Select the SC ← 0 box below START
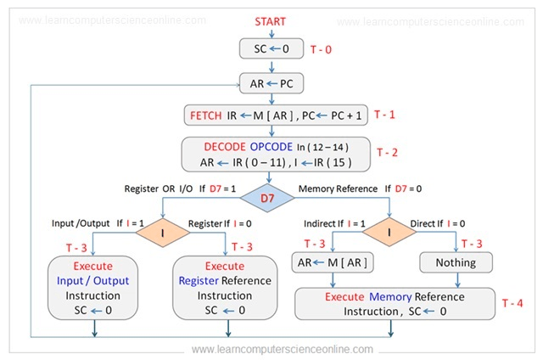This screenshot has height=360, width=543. point(271,49)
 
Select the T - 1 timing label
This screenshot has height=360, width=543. point(384,114)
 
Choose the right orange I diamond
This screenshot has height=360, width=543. point(389,230)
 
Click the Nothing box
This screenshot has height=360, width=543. point(456,262)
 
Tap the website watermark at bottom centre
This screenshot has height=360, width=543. point(282,349)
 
